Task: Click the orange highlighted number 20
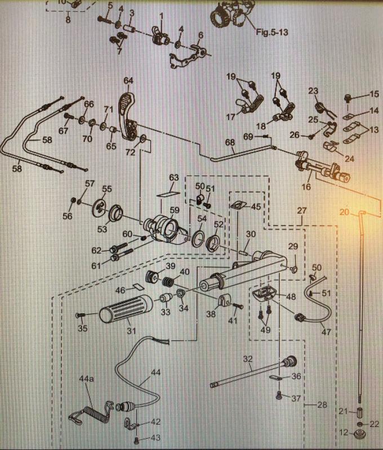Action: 345,211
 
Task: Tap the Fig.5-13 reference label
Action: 272,33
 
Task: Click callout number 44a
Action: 86,380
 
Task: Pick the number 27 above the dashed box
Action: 302,210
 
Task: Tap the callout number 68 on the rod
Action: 230,142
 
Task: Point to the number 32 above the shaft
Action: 248,358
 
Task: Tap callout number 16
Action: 307,186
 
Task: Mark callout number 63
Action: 173,178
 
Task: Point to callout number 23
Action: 313,91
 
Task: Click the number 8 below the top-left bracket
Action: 68,20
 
